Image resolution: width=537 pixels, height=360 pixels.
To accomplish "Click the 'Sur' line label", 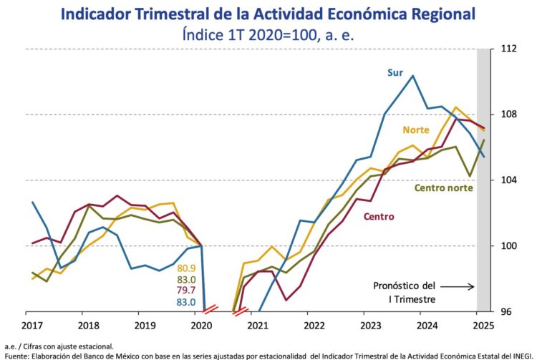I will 395,72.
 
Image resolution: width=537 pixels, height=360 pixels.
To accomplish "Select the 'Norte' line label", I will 416,130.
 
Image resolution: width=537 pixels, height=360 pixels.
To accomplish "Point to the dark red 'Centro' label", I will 379,216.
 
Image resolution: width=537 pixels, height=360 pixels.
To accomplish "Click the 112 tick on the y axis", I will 509,49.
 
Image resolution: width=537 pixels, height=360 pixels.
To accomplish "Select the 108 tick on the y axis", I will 509,115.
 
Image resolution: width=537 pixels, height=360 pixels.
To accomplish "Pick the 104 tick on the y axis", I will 509,180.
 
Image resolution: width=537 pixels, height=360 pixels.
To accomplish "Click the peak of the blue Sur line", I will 412,75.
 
